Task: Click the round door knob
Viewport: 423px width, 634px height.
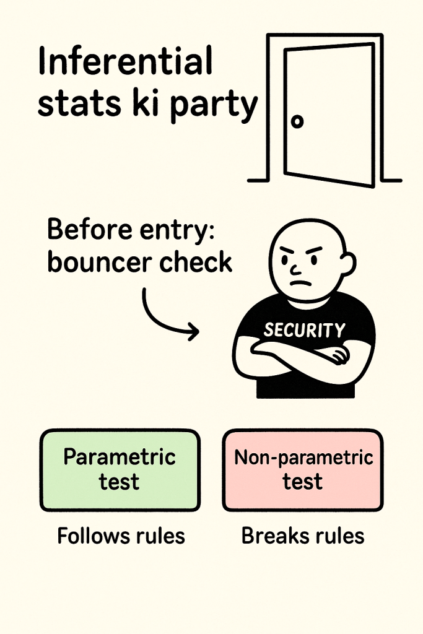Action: (x=298, y=121)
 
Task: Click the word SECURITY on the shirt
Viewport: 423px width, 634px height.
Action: (x=303, y=330)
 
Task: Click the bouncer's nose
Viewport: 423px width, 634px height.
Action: (x=297, y=269)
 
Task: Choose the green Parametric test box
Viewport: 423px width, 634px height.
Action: (x=120, y=470)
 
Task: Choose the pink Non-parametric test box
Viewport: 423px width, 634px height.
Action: (x=303, y=470)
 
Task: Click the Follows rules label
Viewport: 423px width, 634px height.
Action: (x=121, y=536)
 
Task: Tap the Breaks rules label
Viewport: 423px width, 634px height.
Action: (x=303, y=536)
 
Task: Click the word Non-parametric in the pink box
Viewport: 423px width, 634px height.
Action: (x=303, y=458)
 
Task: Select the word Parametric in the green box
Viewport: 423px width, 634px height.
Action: (x=120, y=458)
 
